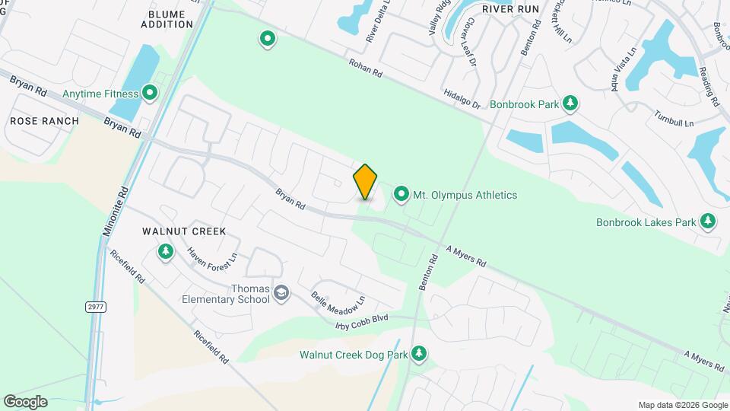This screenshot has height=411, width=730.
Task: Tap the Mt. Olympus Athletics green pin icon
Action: click(401, 194)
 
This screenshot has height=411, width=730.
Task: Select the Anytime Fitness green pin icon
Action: click(150, 94)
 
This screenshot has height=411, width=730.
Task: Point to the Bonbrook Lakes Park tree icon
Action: click(708, 221)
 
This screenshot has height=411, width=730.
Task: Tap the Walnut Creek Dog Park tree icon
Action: click(418, 353)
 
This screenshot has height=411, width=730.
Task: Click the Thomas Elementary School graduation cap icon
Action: click(281, 293)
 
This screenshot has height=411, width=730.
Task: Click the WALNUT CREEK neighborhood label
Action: click(184, 231)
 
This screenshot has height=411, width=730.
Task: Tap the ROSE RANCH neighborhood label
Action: click(44, 121)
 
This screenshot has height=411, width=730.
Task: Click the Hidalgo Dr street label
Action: click(462, 98)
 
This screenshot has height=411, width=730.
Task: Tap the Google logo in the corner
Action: click(25, 401)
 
